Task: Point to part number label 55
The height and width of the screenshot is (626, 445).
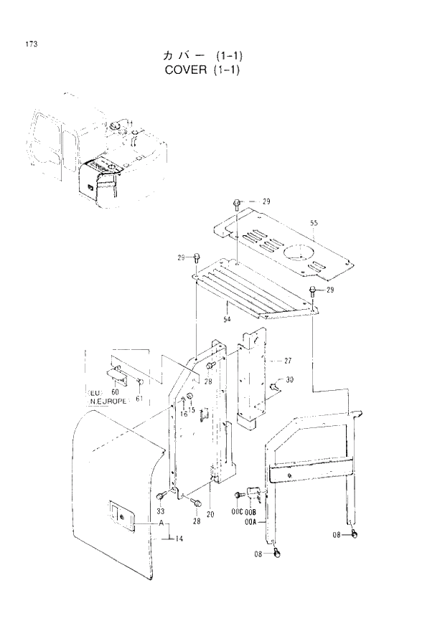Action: click(x=314, y=224)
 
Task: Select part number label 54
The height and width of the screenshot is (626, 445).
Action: click(x=225, y=318)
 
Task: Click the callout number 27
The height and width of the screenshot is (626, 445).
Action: click(x=287, y=360)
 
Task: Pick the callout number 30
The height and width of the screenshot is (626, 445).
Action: click(x=289, y=380)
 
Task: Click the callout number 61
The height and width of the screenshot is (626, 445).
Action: click(x=139, y=398)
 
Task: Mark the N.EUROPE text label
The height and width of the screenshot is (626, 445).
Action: click(x=108, y=402)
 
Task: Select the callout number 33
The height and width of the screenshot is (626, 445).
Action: click(x=161, y=511)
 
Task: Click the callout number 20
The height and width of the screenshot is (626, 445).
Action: click(x=210, y=514)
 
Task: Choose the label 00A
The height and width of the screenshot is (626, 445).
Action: click(x=250, y=522)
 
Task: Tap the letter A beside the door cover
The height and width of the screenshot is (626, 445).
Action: click(x=163, y=524)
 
